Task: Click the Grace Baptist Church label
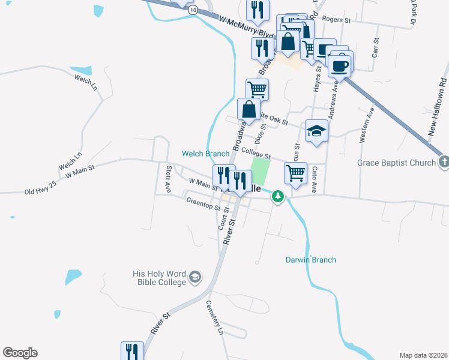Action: (x=396, y=163)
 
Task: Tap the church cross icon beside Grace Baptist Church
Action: (x=443, y=162)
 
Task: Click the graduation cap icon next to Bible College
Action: (x=194, y=277)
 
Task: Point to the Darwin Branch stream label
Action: (x=310, y=260)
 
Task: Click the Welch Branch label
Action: (x=206, y=154)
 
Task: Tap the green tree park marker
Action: (x=277, y=196)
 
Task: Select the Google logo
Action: (x=20, y=353)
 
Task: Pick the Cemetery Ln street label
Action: (x=214, y=317)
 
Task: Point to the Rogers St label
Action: (x=336, y=20)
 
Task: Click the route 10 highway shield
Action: (x=192, y=10)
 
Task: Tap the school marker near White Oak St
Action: (x=316, y=131)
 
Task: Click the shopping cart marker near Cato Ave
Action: (x=295, y=173)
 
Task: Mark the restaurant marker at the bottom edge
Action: (x=132, y=351)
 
